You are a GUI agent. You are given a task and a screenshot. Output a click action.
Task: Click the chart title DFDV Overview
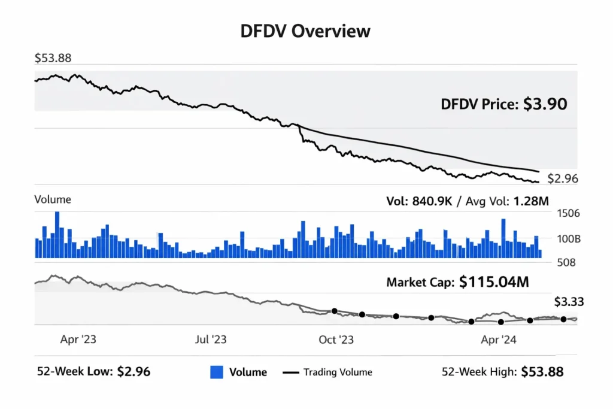[305, 31]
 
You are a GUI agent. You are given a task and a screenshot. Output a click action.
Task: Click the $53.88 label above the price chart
[53, 59]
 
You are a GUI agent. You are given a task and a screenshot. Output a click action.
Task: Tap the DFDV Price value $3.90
[545, 104]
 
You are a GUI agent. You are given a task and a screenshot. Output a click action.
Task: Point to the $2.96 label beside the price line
[563, 178]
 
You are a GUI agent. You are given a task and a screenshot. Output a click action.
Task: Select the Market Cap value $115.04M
[494, 282]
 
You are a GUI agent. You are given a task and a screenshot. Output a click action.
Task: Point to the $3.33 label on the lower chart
[569, 302]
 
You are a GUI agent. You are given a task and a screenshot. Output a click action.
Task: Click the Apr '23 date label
[78, 340]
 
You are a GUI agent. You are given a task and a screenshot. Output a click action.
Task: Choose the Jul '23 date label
[211, 340]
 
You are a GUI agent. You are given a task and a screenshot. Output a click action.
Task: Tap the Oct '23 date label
[336, 340]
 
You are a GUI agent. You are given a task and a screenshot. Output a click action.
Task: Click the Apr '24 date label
[499, 340]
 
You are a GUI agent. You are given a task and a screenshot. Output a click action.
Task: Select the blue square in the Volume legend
[217, 372]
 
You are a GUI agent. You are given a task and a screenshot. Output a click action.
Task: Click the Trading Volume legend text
[338, 372]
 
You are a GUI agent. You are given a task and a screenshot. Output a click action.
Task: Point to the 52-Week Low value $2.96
[133, 371]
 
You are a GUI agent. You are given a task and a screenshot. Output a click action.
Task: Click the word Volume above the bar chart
[53, 199]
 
